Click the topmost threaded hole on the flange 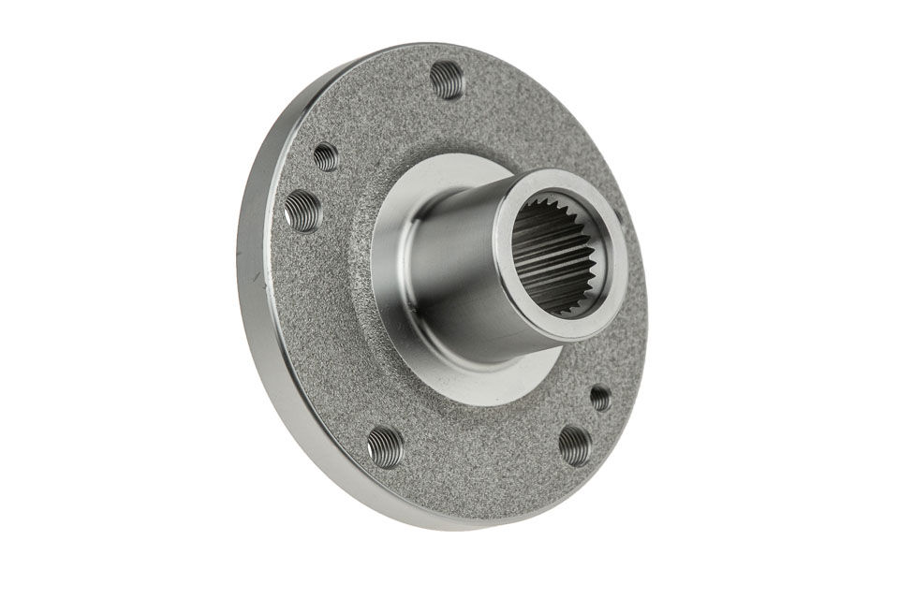447,80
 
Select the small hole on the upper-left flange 326,156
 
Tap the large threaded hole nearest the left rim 302,211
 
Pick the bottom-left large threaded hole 385,446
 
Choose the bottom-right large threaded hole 574,445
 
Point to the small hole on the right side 600,398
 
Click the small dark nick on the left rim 254,277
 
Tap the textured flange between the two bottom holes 478,459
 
